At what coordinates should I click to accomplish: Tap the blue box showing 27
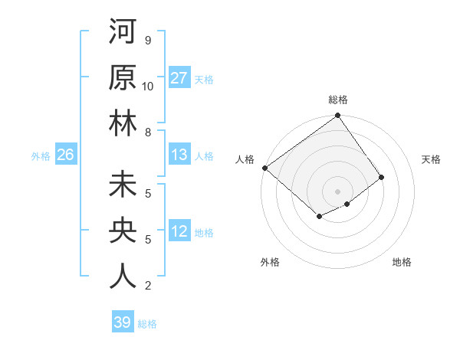[179, 78]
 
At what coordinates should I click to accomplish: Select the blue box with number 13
[179, 155]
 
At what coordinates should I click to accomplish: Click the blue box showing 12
[179, 231]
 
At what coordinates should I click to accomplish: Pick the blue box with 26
[65, 155]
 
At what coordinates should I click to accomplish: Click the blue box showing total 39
[123, 322]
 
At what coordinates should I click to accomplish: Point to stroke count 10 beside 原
[148, 86]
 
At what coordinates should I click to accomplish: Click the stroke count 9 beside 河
[148, 40]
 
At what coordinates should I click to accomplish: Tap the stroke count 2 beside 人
[148, 286]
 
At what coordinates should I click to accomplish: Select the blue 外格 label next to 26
[41, 155]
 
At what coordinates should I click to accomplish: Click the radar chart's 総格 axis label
[338, 100]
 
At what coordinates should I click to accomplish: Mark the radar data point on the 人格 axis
[264, 168]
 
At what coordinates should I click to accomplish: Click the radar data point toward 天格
[381, 177]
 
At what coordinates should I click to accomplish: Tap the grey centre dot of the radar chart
[337, 191]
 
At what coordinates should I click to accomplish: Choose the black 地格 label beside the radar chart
[402, 262]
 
